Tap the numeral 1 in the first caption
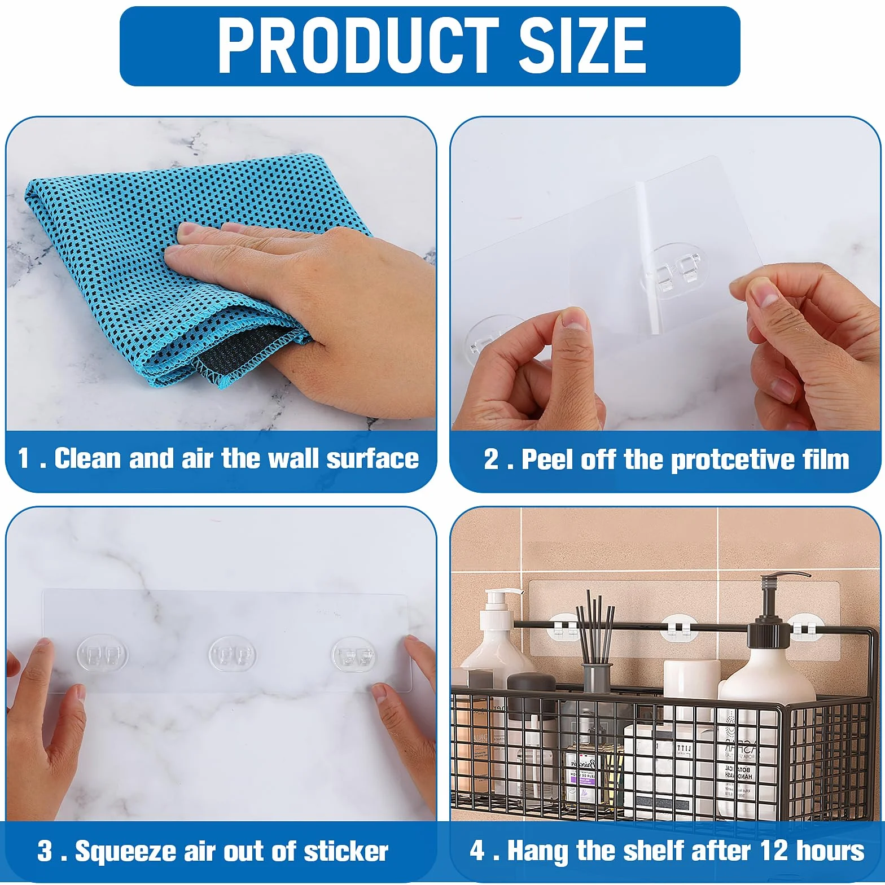click(x=23, y=458)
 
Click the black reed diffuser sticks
click(x=595, y=626)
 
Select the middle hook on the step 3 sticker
click(x=233, y=654)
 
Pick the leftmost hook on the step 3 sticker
click(x=103, y=654)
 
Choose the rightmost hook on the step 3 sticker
click(x=353, y=655)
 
